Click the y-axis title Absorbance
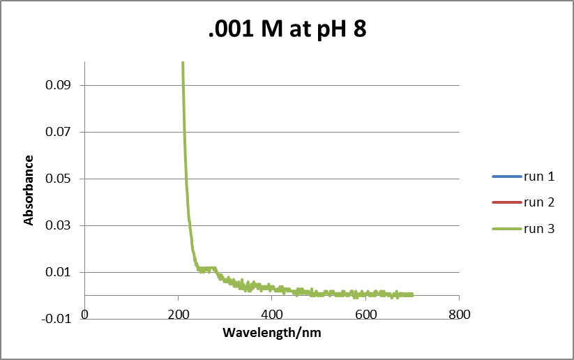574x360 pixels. click(x=29, y=190)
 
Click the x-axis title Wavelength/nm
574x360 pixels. click(x=271, y=333)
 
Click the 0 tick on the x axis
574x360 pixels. click(x=85, y=314)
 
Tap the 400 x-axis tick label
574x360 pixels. click(x=271, y=314)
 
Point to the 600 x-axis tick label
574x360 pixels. click(x=365, y=314)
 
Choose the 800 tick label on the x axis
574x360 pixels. click(x=458, y=314)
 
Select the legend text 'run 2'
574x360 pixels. click(x=539, y=202)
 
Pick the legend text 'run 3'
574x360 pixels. click(x=539, y=228)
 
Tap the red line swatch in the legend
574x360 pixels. click(x=506, y=202)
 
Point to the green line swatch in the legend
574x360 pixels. click(x=506, y=228)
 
